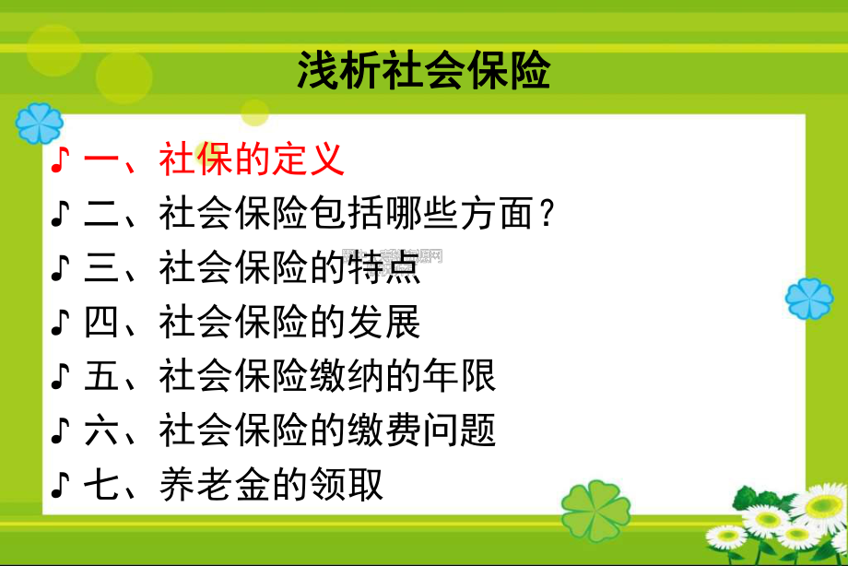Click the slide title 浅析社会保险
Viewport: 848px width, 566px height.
coord(423,69)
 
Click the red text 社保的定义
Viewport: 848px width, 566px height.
coord(252,159)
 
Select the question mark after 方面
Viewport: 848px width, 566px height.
coord(546,214)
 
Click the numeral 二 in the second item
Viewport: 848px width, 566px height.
coord(101,214)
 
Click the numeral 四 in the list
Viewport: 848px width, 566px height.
coord(101,322)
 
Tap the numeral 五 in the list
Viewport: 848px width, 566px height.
coord(101,375)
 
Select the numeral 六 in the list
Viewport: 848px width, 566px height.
coord(101,430)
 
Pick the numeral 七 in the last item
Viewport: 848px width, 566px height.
coord(101,483)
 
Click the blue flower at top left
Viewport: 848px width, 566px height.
coord(40,123)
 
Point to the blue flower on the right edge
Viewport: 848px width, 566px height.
coord(809,299)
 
